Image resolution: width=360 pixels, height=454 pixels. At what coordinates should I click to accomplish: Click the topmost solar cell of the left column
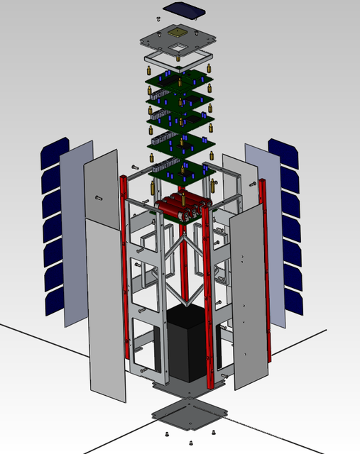click(53, 151)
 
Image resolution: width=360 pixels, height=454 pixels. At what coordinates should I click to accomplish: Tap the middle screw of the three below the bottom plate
click(190, 443)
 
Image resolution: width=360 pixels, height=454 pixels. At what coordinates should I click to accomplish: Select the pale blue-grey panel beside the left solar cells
click(77, 234)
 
